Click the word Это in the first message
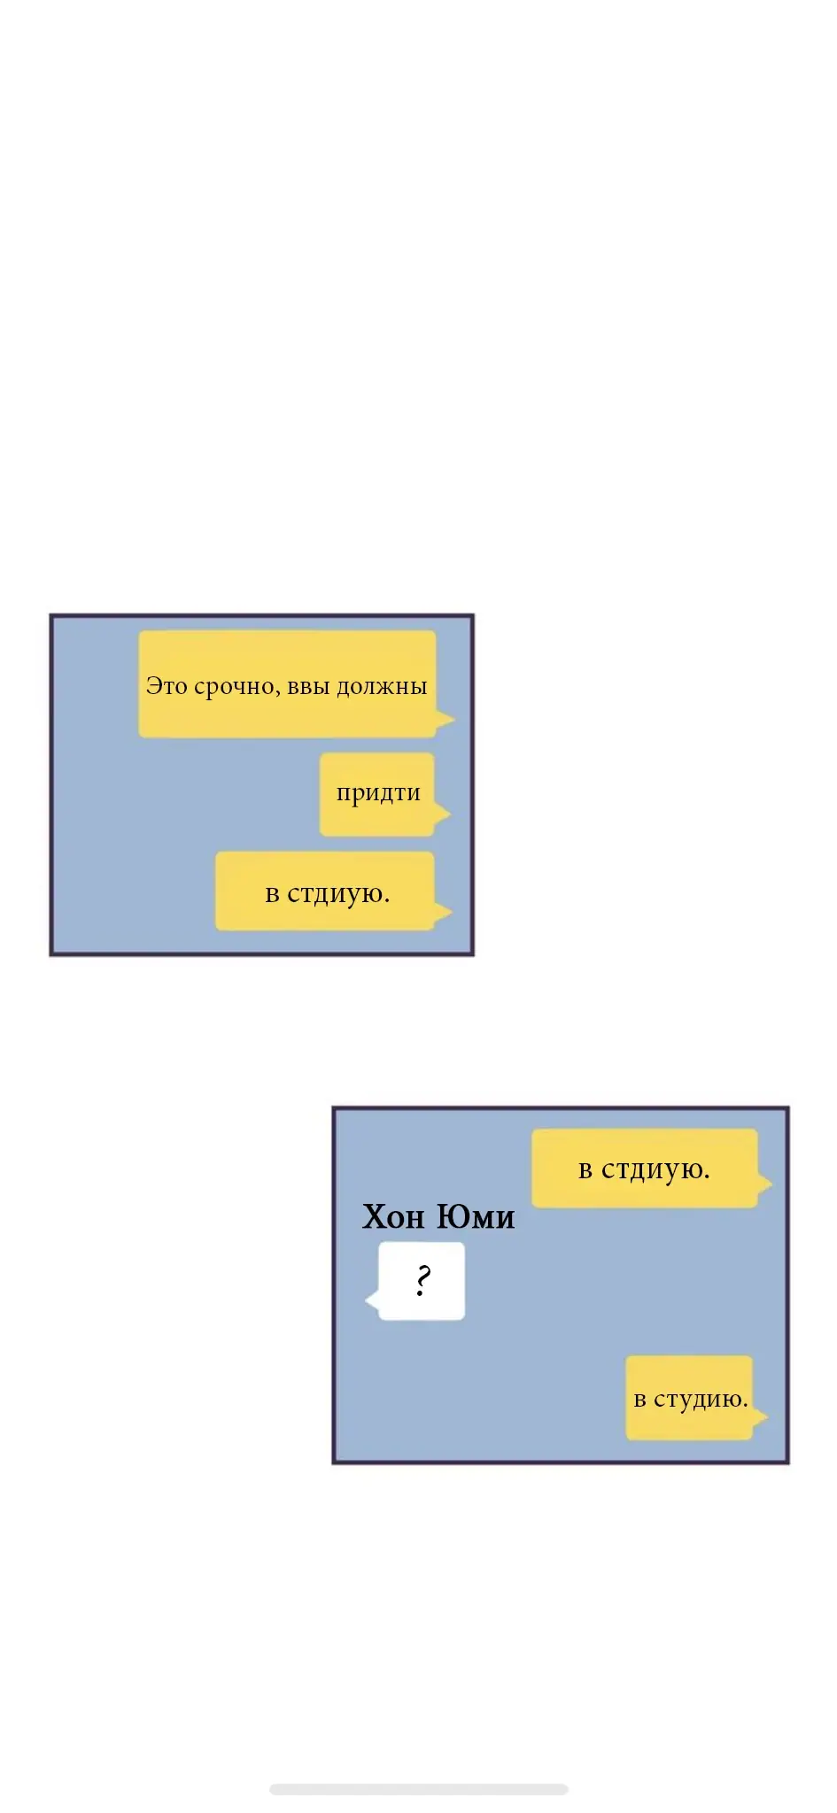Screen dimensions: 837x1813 167,686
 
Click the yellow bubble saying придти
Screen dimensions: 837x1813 376,794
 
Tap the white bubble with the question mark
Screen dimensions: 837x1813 421,1281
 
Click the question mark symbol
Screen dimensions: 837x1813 422,1280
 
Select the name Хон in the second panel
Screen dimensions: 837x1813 393,1217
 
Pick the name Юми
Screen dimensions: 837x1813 476,1217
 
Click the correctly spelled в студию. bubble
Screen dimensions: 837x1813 689,1398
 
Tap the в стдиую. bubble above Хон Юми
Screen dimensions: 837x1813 644,1169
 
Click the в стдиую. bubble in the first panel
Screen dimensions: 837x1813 325,891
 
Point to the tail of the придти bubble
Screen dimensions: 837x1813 442,814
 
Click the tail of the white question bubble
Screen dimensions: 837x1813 372,1300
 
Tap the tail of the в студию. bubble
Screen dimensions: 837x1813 760,1416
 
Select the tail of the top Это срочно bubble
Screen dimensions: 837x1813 445,719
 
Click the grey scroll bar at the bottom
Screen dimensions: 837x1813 418,1789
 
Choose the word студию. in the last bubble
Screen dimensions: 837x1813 701,1400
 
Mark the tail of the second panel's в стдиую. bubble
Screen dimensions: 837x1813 765,1183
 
